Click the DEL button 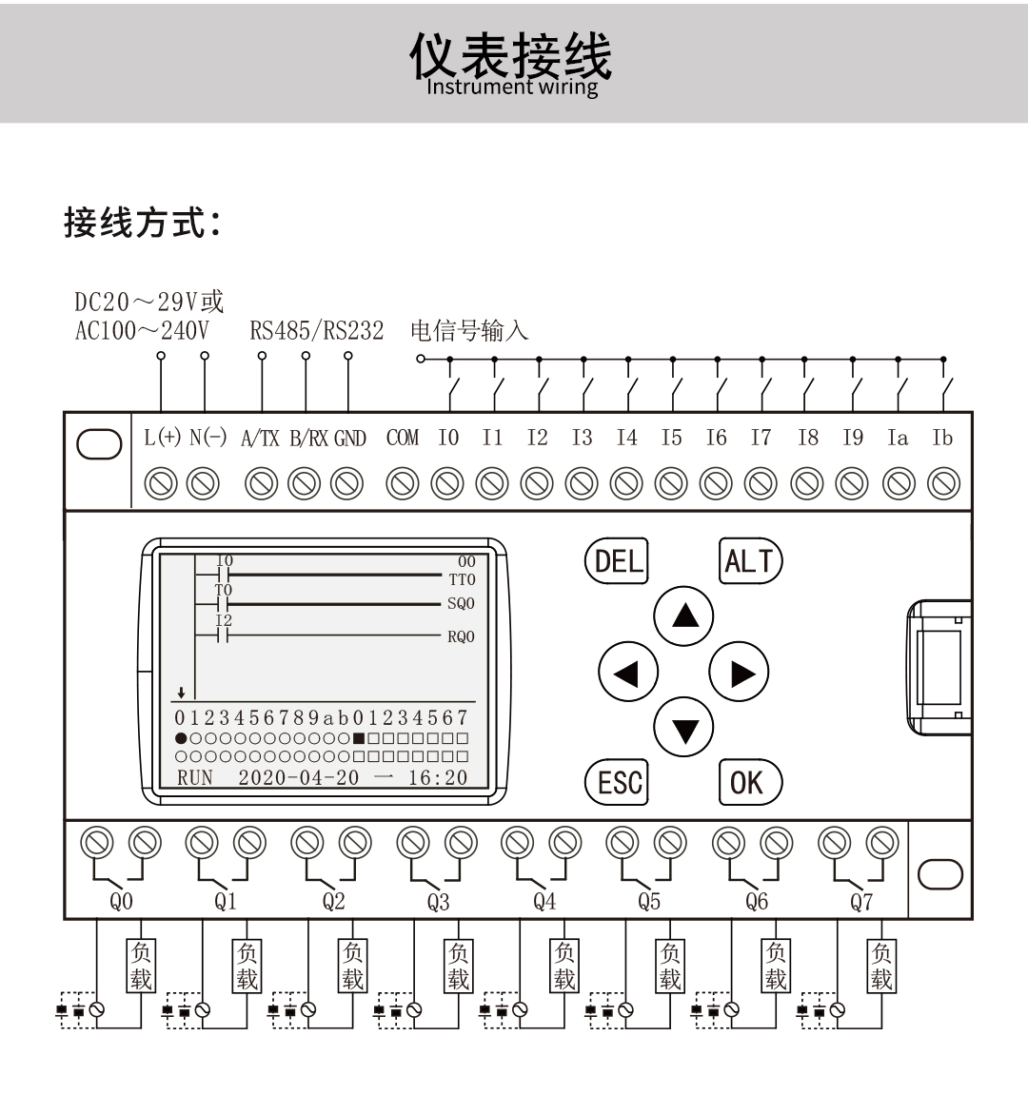[617, 560]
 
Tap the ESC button [617, 782]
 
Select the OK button [749, 782]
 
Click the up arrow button [683, 616]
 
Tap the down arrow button [683, 728]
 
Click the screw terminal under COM [402, 484]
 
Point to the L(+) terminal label [162, 438]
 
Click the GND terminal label [349, 439]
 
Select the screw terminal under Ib [942, 484]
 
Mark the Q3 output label [438, 902]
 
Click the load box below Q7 [881, 966]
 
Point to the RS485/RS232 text [316, 331]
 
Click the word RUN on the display [195, 777]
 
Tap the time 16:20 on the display [438, 777]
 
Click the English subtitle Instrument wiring [512, 88]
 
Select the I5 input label [671, 438]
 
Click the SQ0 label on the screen [461, 604]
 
